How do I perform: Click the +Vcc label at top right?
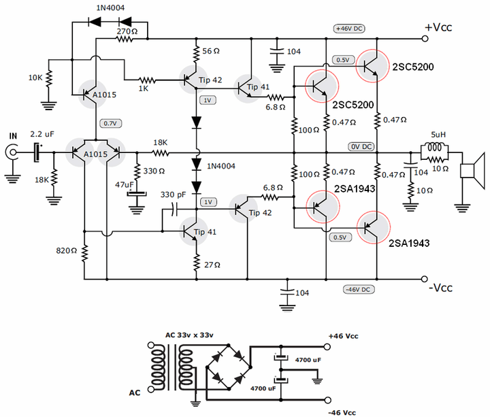439,28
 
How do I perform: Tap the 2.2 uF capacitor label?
42,136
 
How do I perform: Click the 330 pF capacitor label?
174,195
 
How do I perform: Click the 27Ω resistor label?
212,263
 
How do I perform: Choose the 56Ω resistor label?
212,50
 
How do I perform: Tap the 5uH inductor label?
438,134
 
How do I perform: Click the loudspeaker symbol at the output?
471,170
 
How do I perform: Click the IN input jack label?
12,137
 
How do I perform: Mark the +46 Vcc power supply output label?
343,336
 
